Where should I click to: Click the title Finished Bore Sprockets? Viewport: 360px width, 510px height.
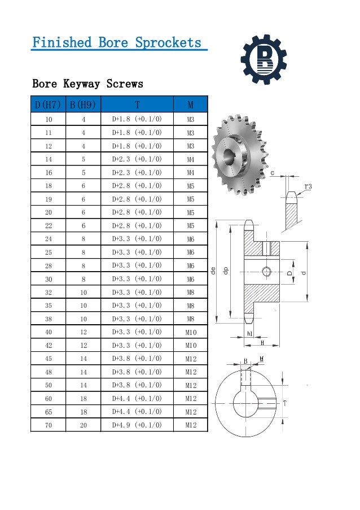(x=117, y=42)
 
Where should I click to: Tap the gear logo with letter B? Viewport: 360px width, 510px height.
(x=264, y=58)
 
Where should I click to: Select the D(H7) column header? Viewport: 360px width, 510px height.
(x=47, y=104)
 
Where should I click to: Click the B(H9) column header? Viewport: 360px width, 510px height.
(x=83, y=104)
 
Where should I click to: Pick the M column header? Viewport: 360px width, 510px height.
(x=190, y=104)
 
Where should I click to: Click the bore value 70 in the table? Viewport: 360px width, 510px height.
(x=48, y=425)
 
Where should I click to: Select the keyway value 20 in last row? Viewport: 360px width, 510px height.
(x=83, y=425)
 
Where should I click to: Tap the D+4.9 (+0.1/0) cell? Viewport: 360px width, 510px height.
(x=137, y=425)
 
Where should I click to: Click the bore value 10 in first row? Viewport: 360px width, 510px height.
(x=48, y=120)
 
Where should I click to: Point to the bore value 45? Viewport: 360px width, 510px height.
(x=48, y=359)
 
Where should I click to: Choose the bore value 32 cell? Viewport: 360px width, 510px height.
(x=48, y=292)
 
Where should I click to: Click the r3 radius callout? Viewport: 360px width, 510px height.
(x=308, y=186)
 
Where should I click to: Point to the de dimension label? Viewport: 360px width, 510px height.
(x=213, y=271)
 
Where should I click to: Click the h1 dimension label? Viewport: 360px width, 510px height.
(x=250, y=334)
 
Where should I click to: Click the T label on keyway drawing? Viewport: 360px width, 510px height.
(x=286, y=403)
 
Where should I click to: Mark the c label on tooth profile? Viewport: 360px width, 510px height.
(x=273, y=173)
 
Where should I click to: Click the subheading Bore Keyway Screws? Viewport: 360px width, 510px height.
(x=87, y=84)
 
